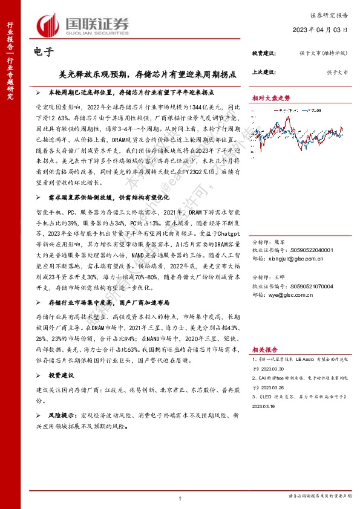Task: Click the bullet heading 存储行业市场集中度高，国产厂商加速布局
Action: click(108, 301)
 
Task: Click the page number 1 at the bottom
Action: click(180, 498)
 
